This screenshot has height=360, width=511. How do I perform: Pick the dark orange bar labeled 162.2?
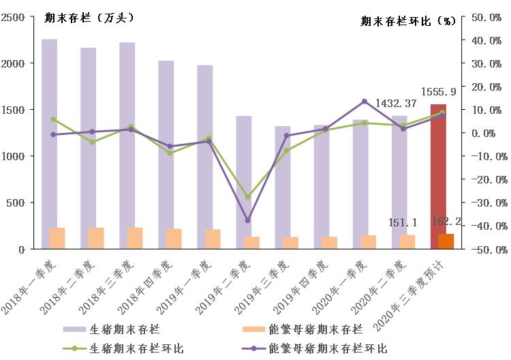click(446, 241)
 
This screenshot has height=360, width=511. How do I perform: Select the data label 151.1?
click(401, 223)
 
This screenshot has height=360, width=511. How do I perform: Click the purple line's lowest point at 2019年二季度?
click(248, 220)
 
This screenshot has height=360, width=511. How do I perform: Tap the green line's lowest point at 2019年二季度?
click(248, 197)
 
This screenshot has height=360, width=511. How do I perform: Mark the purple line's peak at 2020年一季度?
click(364, 102)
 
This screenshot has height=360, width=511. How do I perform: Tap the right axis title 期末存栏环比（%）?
click(407, 21)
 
